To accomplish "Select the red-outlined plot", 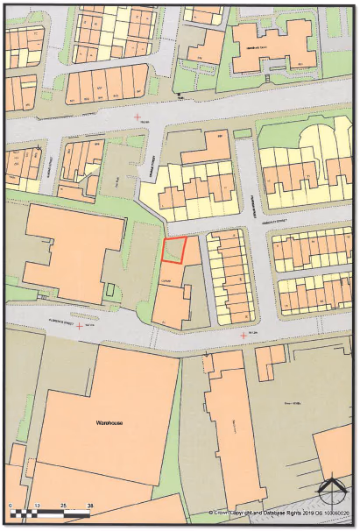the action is coord(175,251).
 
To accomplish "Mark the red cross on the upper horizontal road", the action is coord(136,117).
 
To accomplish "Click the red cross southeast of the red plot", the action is coord(243,335).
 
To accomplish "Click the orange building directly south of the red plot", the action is coord(173,302).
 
